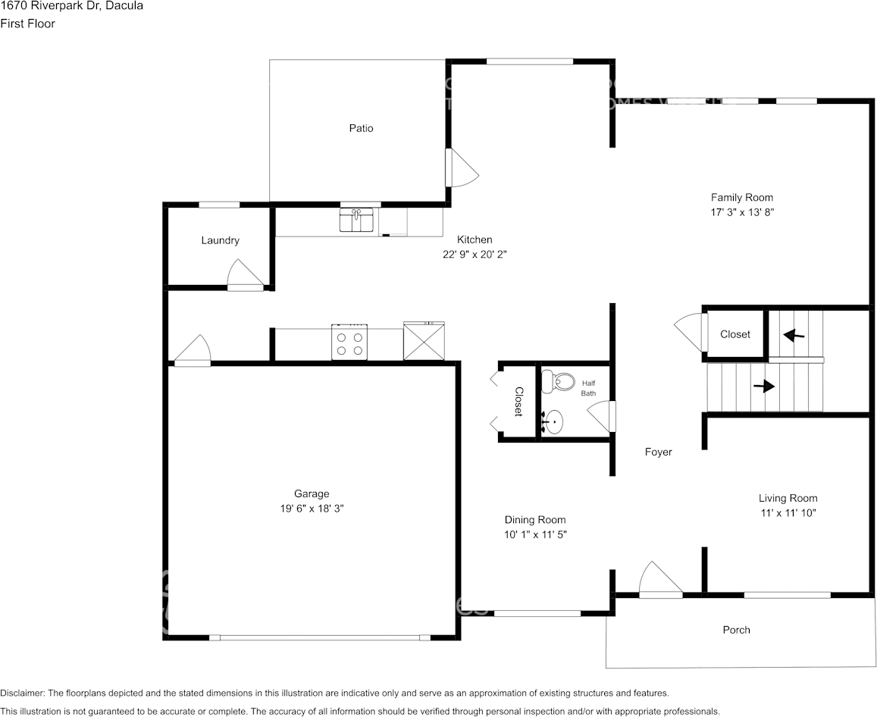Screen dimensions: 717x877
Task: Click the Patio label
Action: click(361, 128)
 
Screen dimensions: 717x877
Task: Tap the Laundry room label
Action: click(220, 240)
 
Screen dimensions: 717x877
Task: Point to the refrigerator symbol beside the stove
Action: click(424, 341)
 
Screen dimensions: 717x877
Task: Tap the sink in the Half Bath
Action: click(555, 420)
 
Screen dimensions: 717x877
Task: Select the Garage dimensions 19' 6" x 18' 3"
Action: click(312, 509)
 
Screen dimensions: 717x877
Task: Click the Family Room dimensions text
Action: click(741, 213)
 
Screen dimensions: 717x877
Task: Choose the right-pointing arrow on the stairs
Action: click(764, 386)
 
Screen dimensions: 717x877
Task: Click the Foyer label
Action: click(658, 452)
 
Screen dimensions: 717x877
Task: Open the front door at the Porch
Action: click(660, 581)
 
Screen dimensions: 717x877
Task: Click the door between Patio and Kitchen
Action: click(460, 168)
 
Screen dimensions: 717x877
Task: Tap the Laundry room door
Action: click(245, 274)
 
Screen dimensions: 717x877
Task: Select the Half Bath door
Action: click(603, 417)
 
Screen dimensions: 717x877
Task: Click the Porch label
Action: click(736, 630)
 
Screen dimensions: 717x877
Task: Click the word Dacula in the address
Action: click(122, 6)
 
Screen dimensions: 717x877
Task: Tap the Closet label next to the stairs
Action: click(734, 334)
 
